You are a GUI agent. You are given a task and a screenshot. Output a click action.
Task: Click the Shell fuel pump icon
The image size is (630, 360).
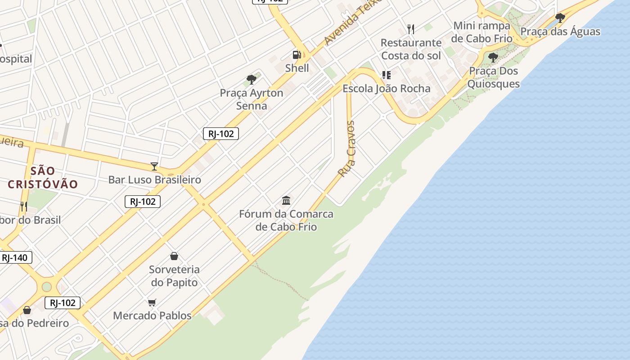[297, 55]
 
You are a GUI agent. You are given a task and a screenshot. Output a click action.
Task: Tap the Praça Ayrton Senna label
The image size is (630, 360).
[252, 99]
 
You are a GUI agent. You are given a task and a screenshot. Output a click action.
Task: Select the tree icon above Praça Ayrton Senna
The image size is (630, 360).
[252, 80]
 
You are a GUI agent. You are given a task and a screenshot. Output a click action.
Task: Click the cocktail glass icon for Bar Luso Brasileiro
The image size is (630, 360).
[154, 166]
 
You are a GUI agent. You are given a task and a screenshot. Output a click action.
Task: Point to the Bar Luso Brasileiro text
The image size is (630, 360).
[154, 180]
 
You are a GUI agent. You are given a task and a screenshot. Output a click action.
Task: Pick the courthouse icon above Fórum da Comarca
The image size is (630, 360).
[286, 200]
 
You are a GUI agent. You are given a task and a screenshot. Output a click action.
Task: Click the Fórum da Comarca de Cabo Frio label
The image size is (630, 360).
[286, 220]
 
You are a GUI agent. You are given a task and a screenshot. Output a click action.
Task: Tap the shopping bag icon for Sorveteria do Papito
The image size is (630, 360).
[174, 256]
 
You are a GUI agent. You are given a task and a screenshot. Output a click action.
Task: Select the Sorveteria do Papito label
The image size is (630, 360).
[174, 276]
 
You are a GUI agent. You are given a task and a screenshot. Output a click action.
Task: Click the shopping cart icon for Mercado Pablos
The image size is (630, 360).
[152, 302]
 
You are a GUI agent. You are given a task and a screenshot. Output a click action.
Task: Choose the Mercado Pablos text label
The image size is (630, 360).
[152, 315]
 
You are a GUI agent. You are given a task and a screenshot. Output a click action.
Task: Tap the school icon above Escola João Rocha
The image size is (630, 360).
[387, 75]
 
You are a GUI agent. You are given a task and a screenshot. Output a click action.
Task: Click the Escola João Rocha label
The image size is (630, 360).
[387, 88]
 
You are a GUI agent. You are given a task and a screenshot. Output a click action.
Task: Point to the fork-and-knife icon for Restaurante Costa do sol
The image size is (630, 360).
[410, 29]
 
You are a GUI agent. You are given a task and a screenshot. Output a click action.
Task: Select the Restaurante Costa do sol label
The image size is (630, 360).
[411, 49]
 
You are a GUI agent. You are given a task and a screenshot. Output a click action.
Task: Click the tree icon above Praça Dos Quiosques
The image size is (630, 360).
[493, 57]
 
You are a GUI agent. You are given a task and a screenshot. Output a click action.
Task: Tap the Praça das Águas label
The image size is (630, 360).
[560, 31]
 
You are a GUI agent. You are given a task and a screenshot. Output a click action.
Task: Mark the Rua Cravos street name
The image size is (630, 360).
[346, 148]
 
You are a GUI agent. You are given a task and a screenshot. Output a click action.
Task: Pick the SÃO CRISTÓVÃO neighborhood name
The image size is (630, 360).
[43, 177]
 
